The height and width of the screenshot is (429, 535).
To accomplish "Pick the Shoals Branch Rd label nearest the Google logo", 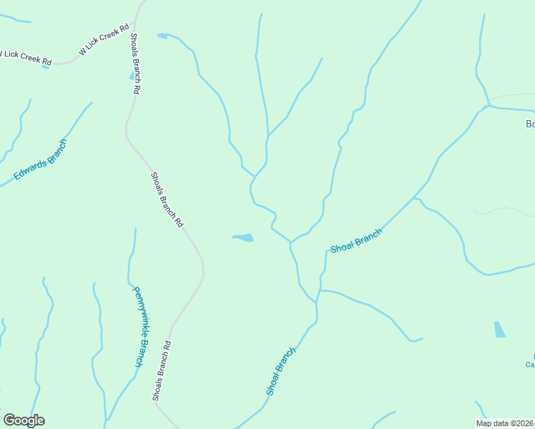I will tap(162, 370).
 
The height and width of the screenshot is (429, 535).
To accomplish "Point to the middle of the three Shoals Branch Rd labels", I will tap(167, 200).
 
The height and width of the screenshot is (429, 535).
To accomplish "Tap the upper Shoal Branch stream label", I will tap(355, 240).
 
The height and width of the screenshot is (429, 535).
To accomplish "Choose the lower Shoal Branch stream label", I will tap(280, 371).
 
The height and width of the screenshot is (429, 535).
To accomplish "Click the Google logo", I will tap(24, 420).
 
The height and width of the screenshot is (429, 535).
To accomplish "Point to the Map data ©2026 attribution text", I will tap(504, 423).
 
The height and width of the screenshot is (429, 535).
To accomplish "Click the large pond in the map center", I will tap(243, 237).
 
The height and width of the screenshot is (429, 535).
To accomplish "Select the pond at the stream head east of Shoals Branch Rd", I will tap(162, 35).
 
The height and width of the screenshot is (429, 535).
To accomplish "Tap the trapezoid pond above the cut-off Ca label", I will tap(499, 330).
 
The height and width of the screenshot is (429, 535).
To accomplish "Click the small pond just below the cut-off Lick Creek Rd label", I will tap(46, 66).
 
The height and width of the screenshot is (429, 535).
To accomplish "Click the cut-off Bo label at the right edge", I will tap(530, 124).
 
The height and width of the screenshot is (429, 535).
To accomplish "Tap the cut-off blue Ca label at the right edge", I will tap(530, 364).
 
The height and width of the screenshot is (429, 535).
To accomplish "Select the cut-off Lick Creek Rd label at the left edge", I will tap(26, 57).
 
